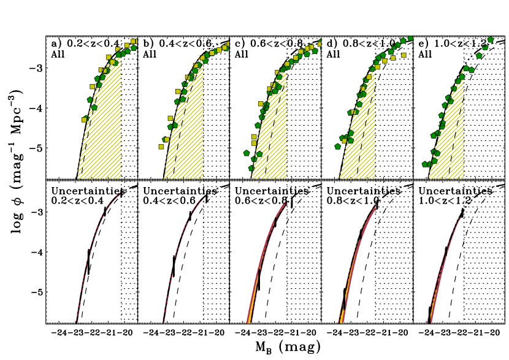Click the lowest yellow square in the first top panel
point(84,120)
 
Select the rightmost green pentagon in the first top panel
point(134,48)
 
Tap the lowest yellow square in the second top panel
point(161,147)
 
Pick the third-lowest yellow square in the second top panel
point(170,118)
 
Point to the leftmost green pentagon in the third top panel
point(247,153)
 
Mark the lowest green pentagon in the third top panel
point(251,168)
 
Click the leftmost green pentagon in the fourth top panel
point(337,147)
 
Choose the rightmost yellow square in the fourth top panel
point(404,55)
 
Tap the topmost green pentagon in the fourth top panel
point(410,39)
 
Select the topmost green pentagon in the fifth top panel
point(491,40)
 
